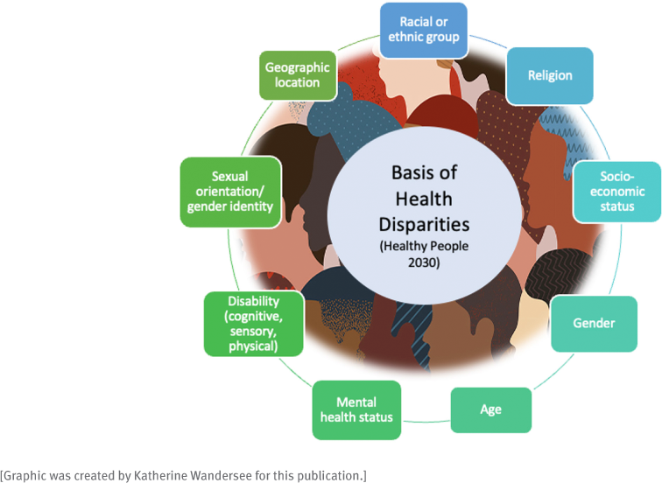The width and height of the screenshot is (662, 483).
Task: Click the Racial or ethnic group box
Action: pos(424,31)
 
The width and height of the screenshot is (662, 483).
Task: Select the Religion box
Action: pos(550,75)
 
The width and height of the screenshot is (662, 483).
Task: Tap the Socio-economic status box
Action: pos(616,192)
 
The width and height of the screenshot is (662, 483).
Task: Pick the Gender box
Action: pos(594,324)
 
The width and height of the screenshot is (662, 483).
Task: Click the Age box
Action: pos(491,409)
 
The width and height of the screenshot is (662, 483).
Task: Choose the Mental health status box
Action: pos(356,410)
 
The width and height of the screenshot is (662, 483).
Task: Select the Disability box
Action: pos(253,324)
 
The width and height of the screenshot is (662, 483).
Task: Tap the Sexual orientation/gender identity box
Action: pos(230,192)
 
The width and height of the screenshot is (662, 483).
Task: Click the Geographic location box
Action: pos(298,75)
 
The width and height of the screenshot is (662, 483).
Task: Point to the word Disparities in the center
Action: pos(424,224)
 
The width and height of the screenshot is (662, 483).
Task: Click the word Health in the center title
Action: pos(424,199)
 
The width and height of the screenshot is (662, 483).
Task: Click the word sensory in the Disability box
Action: pos(253,332)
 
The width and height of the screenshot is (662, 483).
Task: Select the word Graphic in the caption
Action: pos(25,476)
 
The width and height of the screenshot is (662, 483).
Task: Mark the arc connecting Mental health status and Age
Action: pos(426,422)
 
